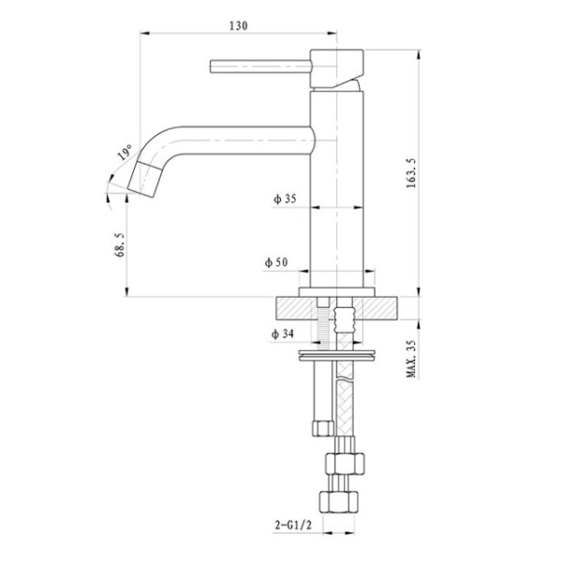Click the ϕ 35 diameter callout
click(285, 199)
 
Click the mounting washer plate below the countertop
click(336, 356)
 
